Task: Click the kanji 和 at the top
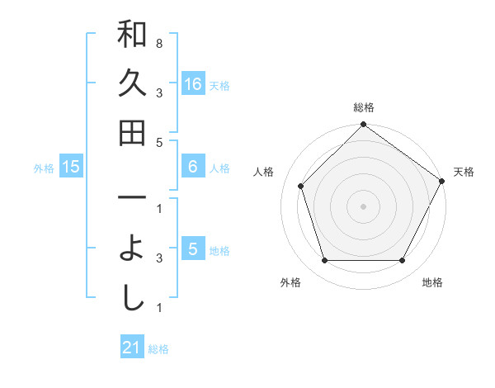[x=132, y=35]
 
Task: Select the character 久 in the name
[x=132, y=83]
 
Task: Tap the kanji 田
[x=132, y=132]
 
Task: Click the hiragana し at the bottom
[x=132, y=298]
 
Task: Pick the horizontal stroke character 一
[x=132, y=199]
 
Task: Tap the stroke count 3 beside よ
[x=158, y=258]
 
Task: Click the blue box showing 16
[x=192, y=84]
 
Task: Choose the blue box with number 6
[x=192, y=167]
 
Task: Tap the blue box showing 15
[x=71, y=167]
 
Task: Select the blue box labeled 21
[x=132, y=348]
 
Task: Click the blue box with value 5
[x=192, y=249]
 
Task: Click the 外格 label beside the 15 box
[x=44, y=168]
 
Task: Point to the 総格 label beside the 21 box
[x=158, y=349]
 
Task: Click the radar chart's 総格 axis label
[x=364, y=107]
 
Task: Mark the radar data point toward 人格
[x=301, y=186]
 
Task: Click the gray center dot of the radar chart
[x=363, y=206]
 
